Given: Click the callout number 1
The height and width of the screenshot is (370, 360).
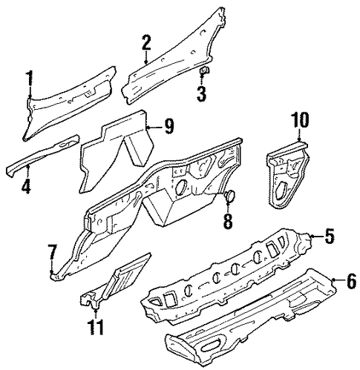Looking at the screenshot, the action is click(x=30, y=78).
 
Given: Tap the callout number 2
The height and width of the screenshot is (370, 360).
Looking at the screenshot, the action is click(x=146, y=42).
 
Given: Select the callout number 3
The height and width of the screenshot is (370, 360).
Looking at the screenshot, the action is click(x=201, y=94).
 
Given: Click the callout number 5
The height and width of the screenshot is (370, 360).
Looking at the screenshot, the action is click(x=330, y=237).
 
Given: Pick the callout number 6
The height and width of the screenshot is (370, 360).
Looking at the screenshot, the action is click(x=351, y=282).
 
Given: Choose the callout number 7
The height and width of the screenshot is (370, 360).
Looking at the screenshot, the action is click(x=53, y=252).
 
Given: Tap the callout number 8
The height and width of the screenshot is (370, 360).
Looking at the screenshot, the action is click(x=228, y=222).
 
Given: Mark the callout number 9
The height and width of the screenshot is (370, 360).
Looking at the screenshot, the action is click(x=168, y=126).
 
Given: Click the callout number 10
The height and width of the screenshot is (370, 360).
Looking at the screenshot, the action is click(x=300, y=120).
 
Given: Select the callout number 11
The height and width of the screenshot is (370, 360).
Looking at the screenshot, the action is click(x=96, y=327).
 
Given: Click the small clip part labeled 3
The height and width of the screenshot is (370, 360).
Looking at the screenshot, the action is click(x=204, y=70).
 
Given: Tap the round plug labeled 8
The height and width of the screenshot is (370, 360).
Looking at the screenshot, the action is click(x=229, y=195).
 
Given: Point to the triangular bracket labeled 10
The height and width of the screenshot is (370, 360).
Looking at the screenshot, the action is click(x=287, y=176).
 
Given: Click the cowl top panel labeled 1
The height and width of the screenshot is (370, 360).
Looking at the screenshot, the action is click(x=69, y=104).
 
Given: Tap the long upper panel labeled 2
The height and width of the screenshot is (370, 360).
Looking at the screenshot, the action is click(x=173, y=59).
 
